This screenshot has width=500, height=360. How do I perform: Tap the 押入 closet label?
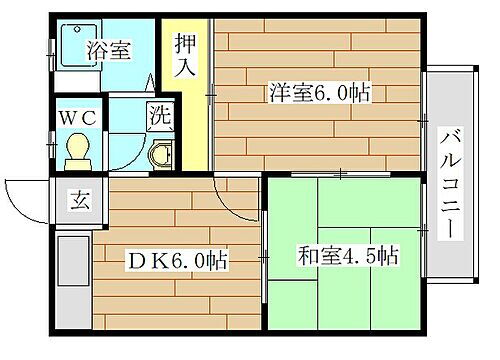[x=186, y=57]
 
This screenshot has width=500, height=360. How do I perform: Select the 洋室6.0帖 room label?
[x=319, y=94]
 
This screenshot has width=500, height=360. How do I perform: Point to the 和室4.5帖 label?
[x=348, y=256]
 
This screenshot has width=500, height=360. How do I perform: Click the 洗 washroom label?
[x=159, y=116]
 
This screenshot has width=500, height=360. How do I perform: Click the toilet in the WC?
[x=76, y=151]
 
